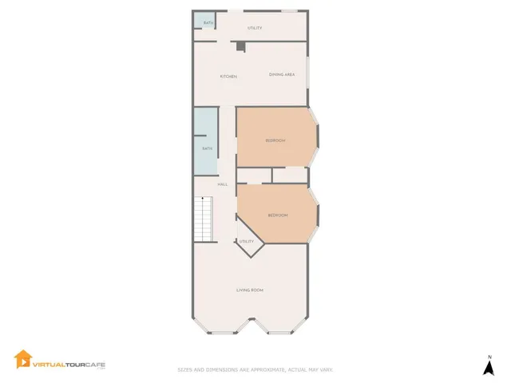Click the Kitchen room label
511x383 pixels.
pos(228,76)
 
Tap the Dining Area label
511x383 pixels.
pos(282,74)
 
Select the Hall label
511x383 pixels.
pos(223,184)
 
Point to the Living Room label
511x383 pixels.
pos(250,290)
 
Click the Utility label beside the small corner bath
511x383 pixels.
pos(255,28)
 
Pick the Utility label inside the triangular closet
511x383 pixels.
pos(247,241)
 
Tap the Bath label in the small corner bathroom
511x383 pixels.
pos(208,23)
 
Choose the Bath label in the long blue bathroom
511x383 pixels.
pos(207,148)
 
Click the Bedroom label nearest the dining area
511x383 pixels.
pos(275,140)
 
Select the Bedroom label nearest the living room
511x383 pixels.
pos(277,215)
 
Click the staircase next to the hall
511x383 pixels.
pos(205,221)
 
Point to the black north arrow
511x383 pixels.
pos(489,369)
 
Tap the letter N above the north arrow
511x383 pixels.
pos(489,357)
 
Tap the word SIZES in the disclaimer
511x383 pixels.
pos(184,369)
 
